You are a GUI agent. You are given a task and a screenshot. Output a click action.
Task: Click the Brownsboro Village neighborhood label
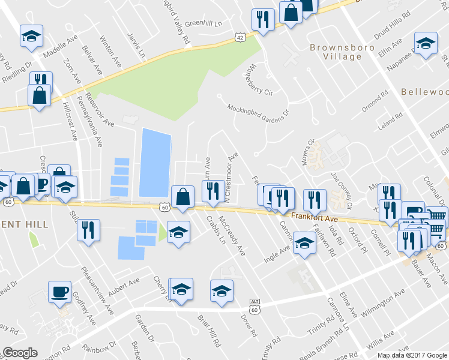point(336,52)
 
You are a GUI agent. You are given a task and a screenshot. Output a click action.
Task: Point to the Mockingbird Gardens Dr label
point(258,109)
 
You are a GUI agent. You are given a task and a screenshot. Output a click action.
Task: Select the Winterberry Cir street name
point(258,80)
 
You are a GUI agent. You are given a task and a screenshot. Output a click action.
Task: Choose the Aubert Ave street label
point(124,283)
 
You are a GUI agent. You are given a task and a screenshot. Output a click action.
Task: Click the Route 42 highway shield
point(240,37)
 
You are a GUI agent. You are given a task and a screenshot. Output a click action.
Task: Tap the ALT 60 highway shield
point(255,306)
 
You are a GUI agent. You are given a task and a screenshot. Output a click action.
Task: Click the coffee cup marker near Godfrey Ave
point(59,292)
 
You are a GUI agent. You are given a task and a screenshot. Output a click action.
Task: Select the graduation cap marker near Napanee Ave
point(426,43)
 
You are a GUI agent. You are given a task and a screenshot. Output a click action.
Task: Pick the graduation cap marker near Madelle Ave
point(31,36)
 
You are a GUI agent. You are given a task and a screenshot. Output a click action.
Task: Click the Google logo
point(20,353)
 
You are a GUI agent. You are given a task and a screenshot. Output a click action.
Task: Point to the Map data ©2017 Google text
point(412,355)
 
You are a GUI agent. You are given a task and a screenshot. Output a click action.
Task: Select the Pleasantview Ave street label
point(97,291)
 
